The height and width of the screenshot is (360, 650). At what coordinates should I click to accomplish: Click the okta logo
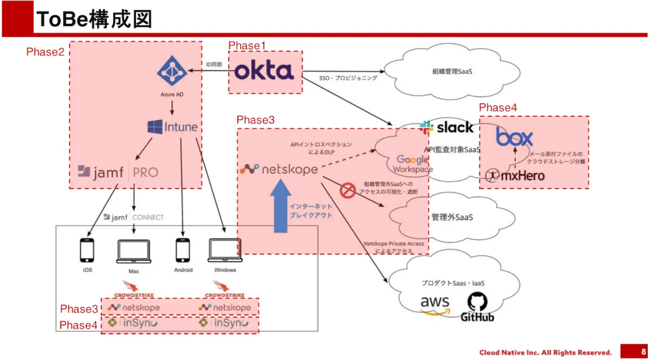264,71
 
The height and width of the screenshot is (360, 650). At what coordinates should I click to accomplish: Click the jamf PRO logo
118,172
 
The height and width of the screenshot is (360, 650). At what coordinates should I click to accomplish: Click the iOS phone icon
87,250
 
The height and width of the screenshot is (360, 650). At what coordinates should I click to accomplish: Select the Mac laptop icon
134,250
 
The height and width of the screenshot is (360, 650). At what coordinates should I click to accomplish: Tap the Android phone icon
183,250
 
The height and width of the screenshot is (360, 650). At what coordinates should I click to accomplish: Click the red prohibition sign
347,191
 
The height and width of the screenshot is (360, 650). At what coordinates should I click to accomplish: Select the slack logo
446,128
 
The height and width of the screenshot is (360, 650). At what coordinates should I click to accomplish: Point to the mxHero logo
515,175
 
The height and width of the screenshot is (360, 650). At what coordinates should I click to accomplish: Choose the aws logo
435,305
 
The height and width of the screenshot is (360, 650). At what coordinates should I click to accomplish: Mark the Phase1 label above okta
247,45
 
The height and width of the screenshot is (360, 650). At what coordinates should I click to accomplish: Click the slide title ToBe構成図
93,20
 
